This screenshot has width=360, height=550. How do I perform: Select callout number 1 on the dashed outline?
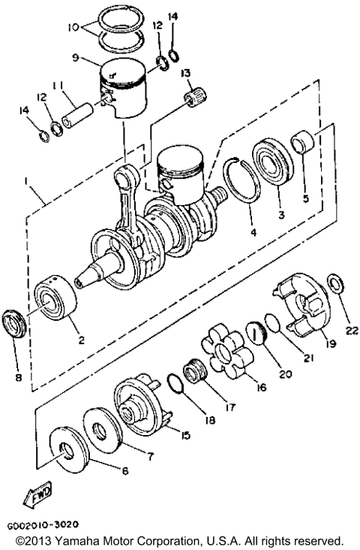pyautogui.click(x=28, y=183)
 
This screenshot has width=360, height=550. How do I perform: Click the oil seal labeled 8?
pyautogui.click(x=16, y=323)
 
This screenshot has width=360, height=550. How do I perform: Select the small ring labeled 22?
pyautogui.click(x=337, y=286)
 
